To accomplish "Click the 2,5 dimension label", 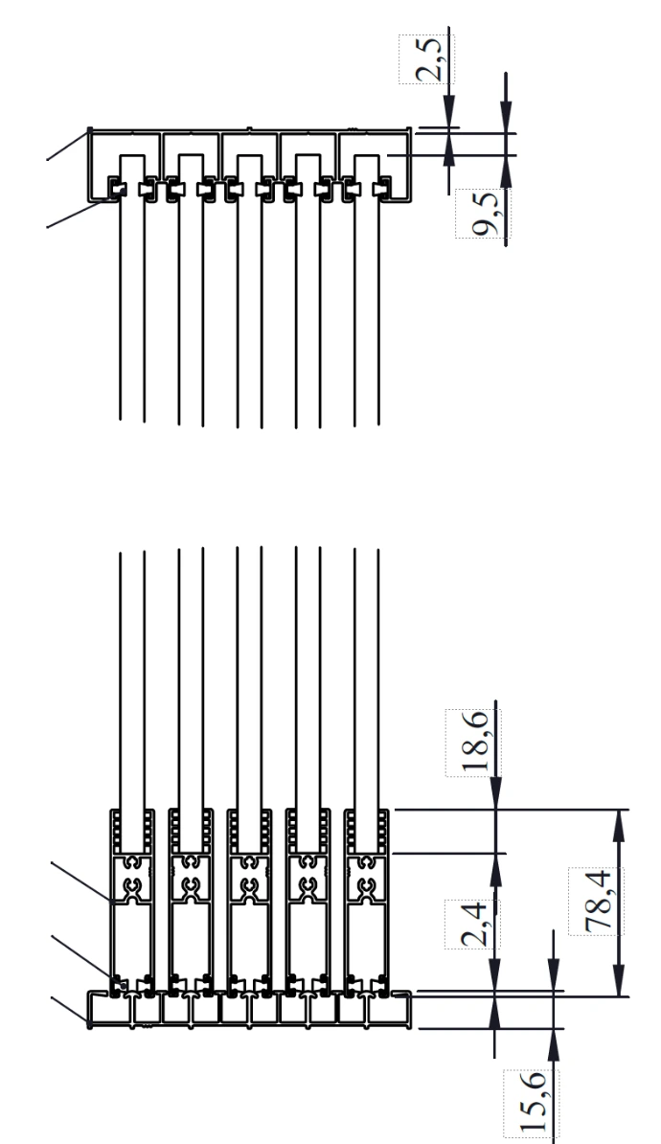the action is point(427,59).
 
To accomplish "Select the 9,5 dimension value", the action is point(485,214).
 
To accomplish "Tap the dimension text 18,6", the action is point(474,742).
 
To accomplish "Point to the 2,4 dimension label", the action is point(474,925).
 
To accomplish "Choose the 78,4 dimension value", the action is point(598,901).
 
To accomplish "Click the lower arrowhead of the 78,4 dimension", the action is point(620,979).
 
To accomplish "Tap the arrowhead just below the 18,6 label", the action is point(496,793).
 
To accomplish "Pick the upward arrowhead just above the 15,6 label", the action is point(554,1044).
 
